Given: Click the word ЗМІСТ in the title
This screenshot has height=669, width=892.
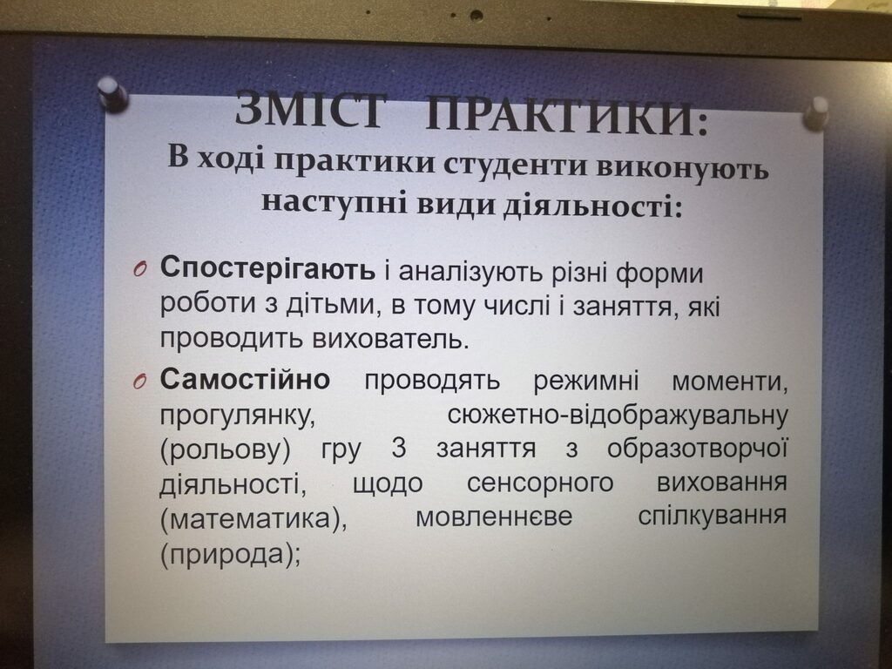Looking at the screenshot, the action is tap(311, 110).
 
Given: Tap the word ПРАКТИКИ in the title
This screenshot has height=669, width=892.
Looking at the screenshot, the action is tap(566, 116).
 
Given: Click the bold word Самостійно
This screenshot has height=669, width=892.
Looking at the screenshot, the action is tap(245, 378).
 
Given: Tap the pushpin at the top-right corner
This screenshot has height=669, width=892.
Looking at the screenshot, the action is tap(815, 113).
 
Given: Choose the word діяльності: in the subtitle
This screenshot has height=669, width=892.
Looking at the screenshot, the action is tap(591, 205).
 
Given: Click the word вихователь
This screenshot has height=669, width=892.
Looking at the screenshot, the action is tap(391, 339).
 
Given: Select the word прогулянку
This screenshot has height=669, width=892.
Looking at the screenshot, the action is tap(237, 416).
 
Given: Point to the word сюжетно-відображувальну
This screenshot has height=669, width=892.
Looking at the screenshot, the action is tap(618, 415).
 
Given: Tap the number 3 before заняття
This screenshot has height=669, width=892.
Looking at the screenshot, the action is tap(399, 449).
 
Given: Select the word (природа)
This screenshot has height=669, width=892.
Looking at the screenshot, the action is tap(230, 554).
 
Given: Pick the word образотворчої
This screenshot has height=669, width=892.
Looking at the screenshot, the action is tap(698, 449).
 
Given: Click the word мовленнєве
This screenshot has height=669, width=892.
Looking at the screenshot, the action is tap(494, 517).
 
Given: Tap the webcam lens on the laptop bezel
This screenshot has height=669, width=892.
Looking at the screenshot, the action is tap(476, 16).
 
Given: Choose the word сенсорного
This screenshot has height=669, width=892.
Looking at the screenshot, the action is tap(540, 483).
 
